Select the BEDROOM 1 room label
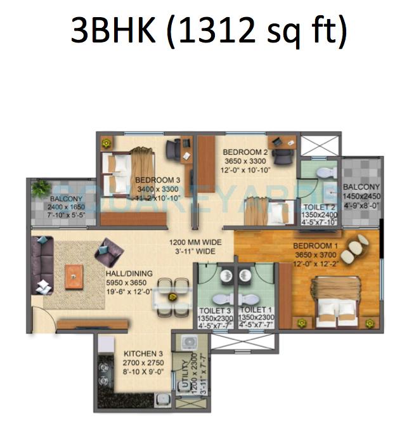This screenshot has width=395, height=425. tap(314, 245)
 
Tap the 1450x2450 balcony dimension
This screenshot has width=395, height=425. tap(361, 197)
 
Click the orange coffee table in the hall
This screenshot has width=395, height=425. tap(74, 274)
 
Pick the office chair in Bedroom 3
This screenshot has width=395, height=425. tap(174, 149)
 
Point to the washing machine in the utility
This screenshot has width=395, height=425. tap(189, 343)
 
